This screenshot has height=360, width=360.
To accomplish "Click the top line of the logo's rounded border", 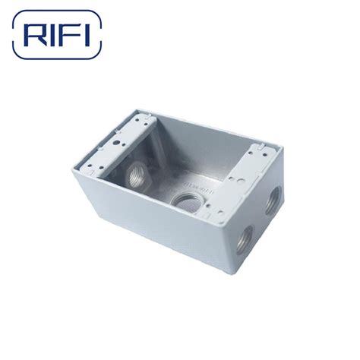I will [57, 12].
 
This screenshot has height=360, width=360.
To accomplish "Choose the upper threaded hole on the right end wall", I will [270, 203].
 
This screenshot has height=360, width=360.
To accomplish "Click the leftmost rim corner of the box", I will [73, 168].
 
